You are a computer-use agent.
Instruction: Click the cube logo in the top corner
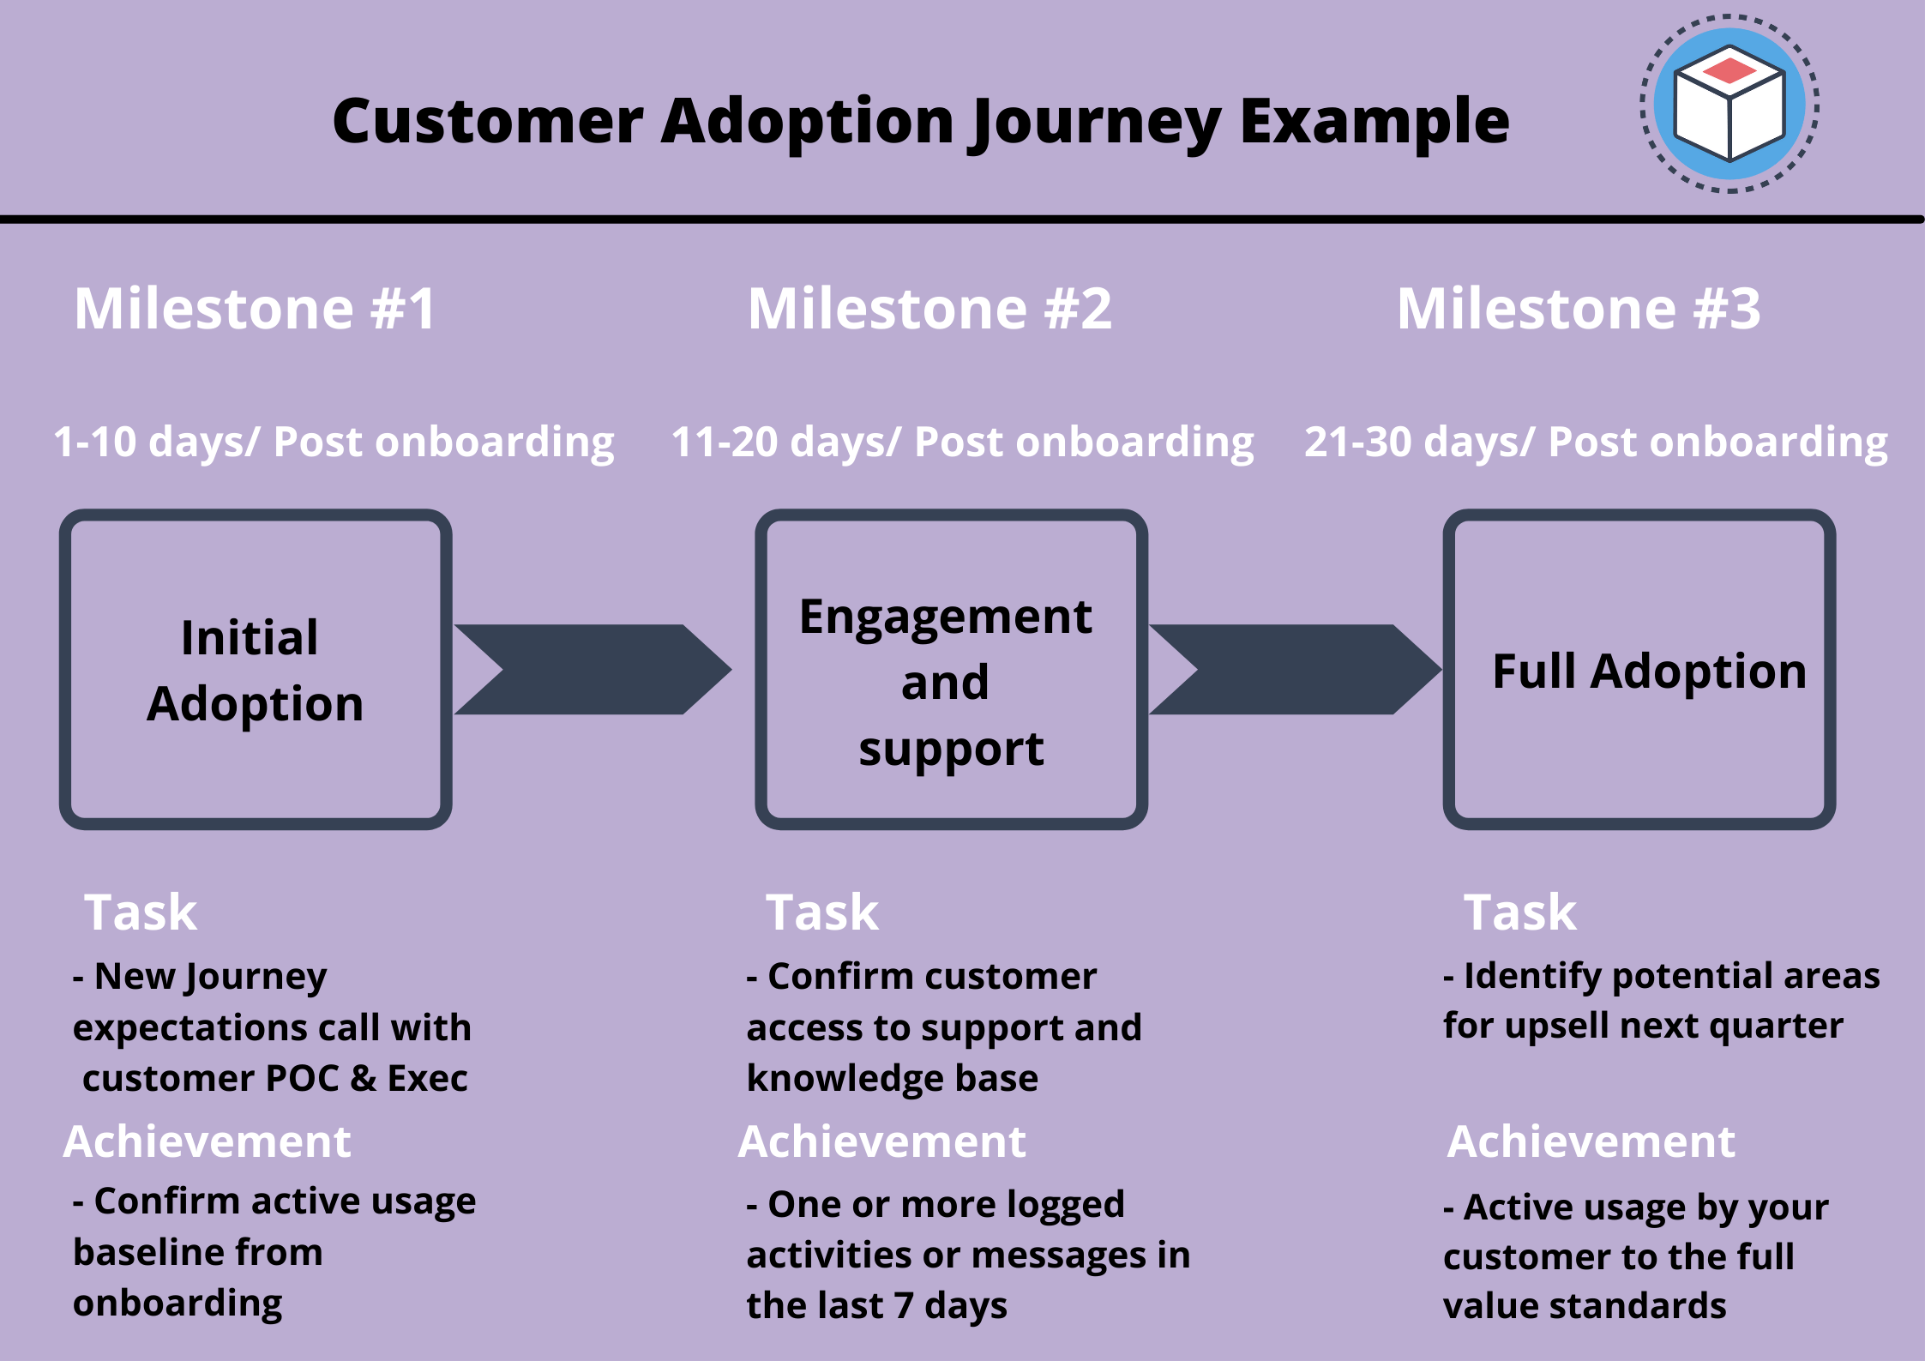pyautogui.click(x=1729, y=104)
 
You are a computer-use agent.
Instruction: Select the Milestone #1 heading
pyautogui.click(x=255, y=309)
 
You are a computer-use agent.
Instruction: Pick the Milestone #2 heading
pyautogui.click(x=929, y=309)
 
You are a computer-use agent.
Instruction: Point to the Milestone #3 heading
pyautogui.click(x=1579, y=309)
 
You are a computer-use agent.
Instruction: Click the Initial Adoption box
pyautogui.click(x=256, y=670)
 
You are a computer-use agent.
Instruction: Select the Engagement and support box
pyautogui.click(x=951, y=670)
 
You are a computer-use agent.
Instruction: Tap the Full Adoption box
pyautogui.click(x=1639, y=670)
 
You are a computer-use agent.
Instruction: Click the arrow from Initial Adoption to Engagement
pyautogui.click(x=593, y=670)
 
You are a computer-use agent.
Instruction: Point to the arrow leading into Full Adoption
pyautogui.click(x=1295, y=670)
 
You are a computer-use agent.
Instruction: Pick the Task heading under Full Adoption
pyautogui.click(x=1519, y=912)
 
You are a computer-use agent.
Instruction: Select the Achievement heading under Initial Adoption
pyautogui.click(x=207, y=1141)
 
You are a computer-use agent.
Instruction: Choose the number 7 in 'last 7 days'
pyautogui.click(x=903, y=1306)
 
